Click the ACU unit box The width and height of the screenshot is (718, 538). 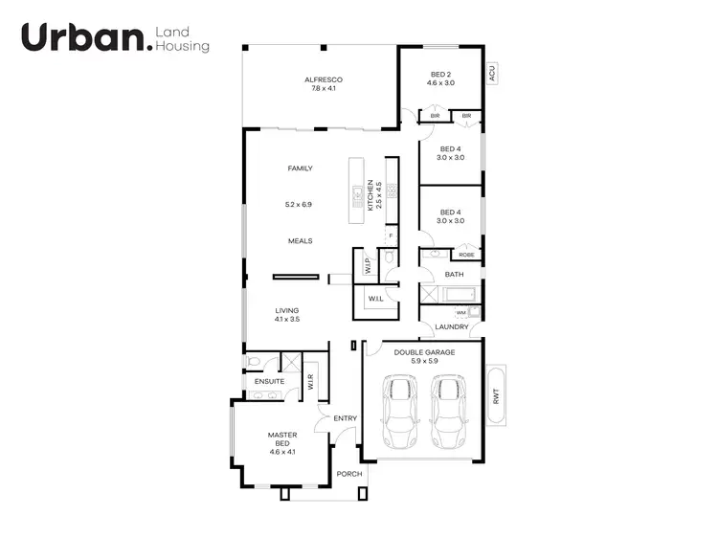pyautogui.click(x=491, y=72)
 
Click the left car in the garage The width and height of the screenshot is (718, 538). pyautogui.click(x=399, y=412)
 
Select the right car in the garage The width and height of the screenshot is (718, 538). pyautogui.click(x=448, y=412)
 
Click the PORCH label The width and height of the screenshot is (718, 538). pyautogui.click(x=349, y=474)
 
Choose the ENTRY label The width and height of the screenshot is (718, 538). pyautogui.click(x=345, y=418)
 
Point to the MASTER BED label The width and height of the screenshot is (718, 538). pyautogui.click(x=282, y=440)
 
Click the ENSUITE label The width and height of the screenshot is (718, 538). pyautogui.click(x=269, y=382)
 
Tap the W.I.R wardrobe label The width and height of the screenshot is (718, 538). pyautogui.click(x=311, y=382)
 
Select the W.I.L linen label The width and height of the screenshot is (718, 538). pyautogui.click(x=375, y=299)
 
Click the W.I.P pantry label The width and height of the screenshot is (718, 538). pyautogui.click(x=366, y=264)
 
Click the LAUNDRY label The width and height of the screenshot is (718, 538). pyautogui.click(x=452, y=327)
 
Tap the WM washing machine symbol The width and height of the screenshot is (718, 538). pyautogui.click(x=461, y=312)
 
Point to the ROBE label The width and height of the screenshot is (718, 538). pyautogui.click(x=466, y=255)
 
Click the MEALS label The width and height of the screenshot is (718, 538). pyautogui.click(x=301, y=241)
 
